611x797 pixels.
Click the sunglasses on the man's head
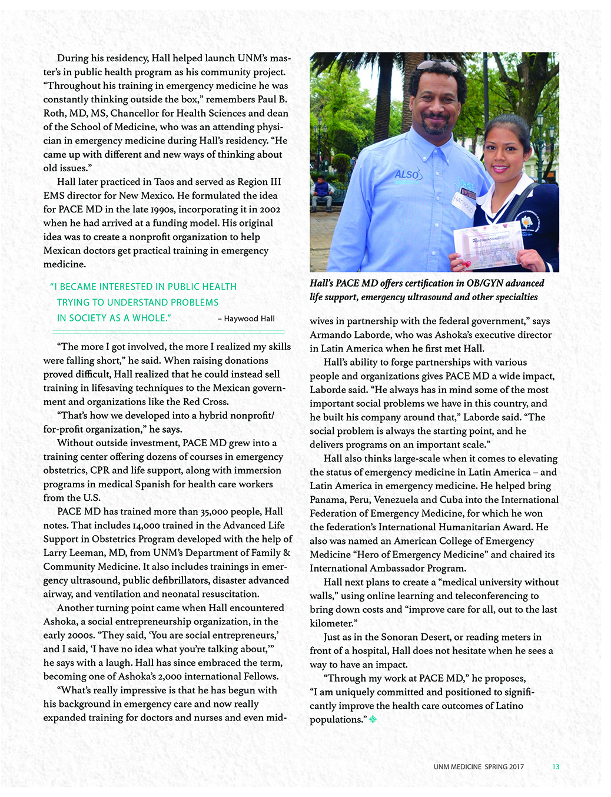click(436, 65)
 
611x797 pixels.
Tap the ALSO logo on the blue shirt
click(407, 175)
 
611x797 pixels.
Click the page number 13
click(556, 766)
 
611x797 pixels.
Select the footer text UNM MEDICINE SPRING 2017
click(479, 766)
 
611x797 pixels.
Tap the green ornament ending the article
click(373, 719)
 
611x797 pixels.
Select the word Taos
click(167, 181)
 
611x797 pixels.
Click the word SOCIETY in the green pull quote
click(94, 318)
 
